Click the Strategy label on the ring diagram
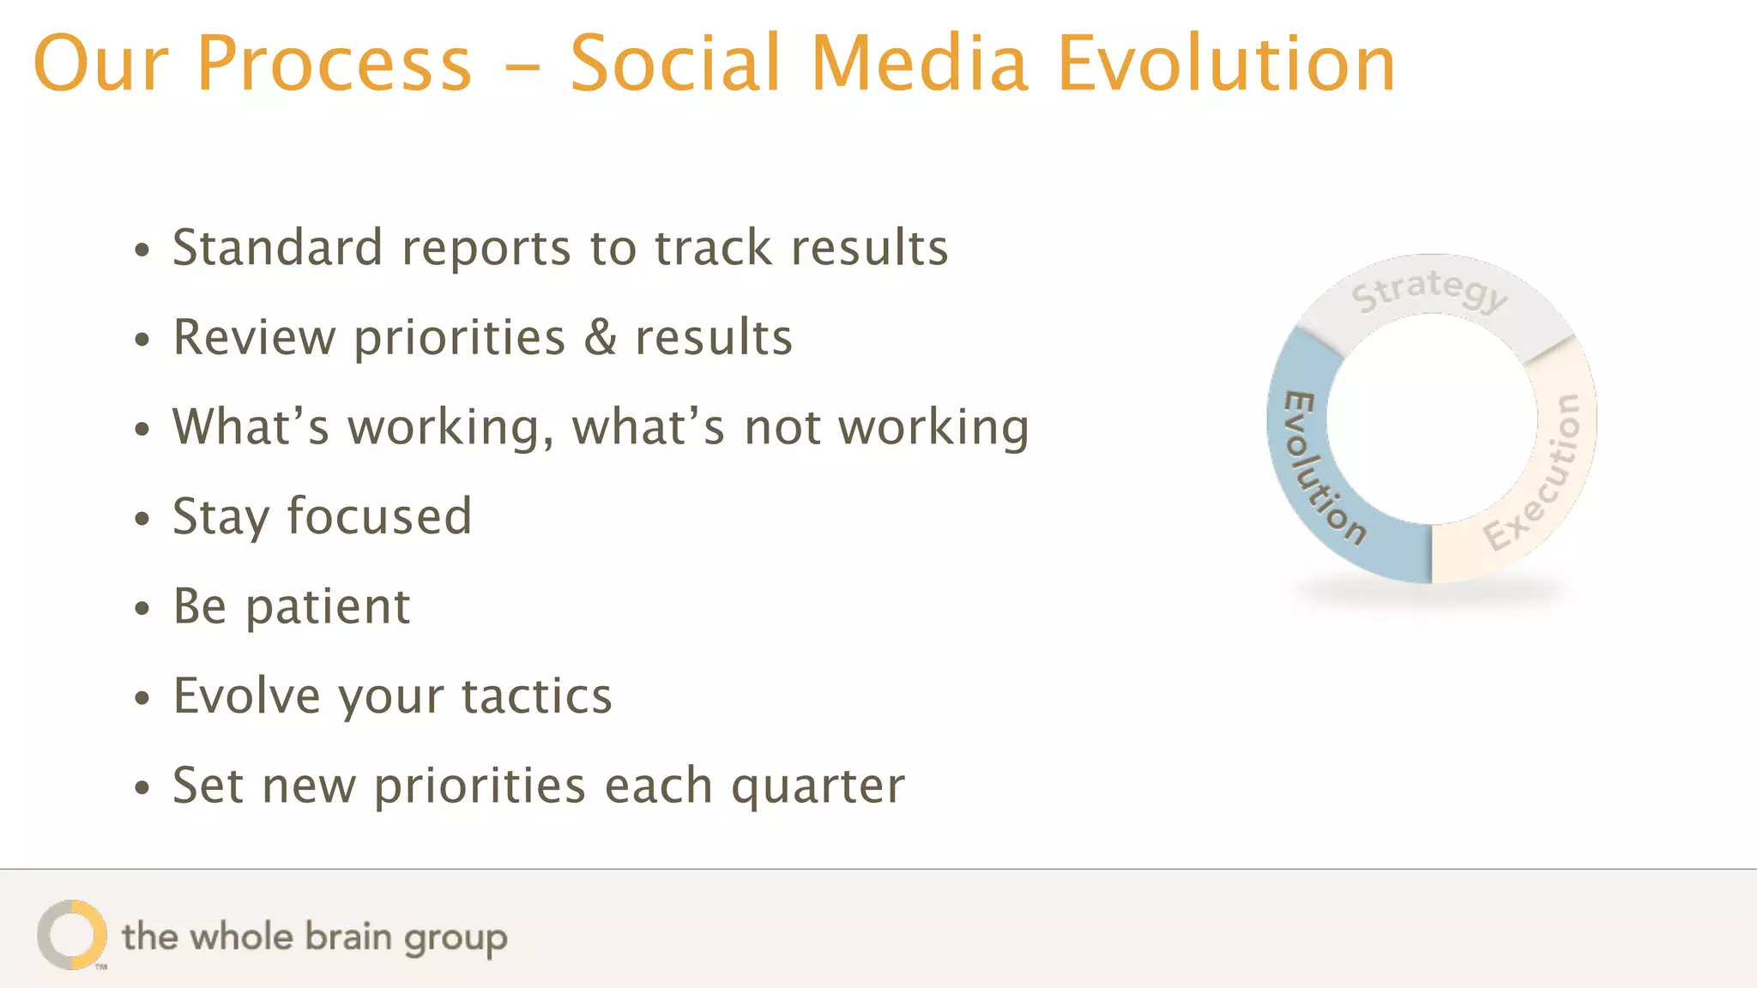1428,291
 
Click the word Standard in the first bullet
277,248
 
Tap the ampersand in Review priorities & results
601,337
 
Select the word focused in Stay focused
379,516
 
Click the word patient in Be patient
328,607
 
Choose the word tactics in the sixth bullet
537,696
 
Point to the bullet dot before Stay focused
142,519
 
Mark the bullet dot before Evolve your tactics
142,698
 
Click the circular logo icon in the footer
72,935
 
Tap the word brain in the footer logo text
348,937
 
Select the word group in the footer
456,939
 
